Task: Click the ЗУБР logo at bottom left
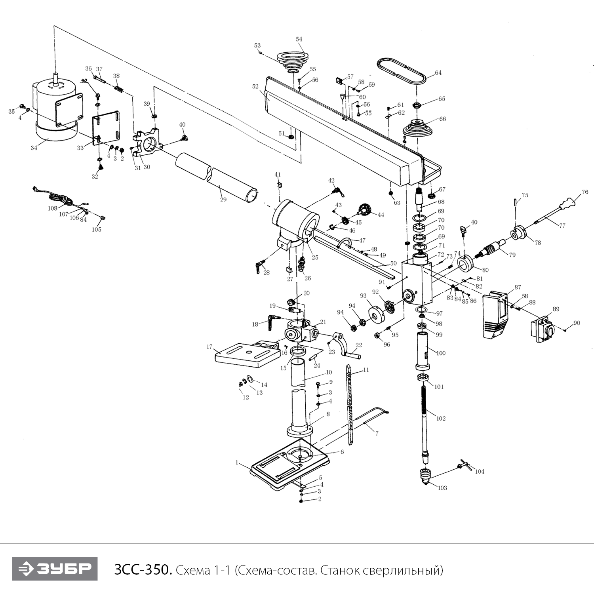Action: pyautogui.click(x=55, y=569)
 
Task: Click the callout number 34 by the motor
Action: pyautogui.click(x=34, y=148)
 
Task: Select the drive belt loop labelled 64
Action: pyautogui.click(x=401, y=71)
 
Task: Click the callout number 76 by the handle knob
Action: pyautogui.click(x=584, y=192)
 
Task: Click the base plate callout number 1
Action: pyautogui.click(x=237, y=462)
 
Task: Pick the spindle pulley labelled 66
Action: pyautogui.click(x=419, y=129)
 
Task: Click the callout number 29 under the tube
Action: pyautogui.click(x=223, y=199)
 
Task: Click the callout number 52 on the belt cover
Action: pyautogui.click(x=255, y=86)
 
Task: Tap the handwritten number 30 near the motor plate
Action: pyautogui.click(x=84, y=80)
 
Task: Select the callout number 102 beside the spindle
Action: pyautogui.click(x=441, y=418)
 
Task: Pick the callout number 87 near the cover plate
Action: pyautogui.click(x=518, y=287)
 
